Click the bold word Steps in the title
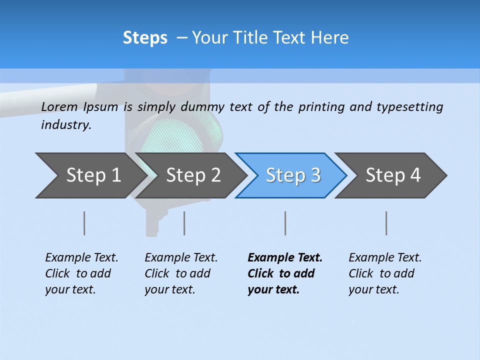(145, 38)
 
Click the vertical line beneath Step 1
(84, 223)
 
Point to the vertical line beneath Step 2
(184, 223)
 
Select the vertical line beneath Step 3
(285, 223)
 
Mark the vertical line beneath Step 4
(386, 223)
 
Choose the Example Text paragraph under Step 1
(81, 273)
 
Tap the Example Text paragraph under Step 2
(181, 273)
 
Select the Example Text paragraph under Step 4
(385, 273)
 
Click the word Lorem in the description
(59, 107)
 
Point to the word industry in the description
(66, 125)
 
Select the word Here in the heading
(330, 38)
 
